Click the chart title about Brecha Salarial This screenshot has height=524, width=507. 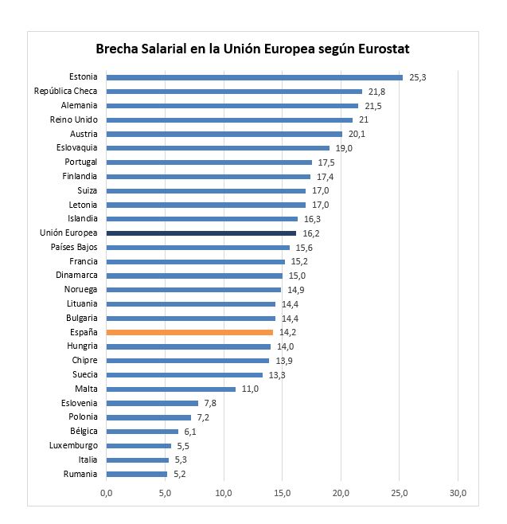[252, 49]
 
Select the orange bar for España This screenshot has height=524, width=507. [189, 332]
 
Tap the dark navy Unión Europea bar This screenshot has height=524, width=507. [201, 233]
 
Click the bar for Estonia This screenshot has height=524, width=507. [255, 77]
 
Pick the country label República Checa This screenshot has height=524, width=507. [65, 92]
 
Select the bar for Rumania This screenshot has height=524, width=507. [137, 474]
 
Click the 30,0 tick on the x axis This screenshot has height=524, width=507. [458, 494]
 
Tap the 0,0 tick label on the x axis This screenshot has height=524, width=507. [107, 494]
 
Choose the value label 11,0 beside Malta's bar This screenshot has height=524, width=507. [249, 389]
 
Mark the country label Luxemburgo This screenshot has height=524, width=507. [73, 445]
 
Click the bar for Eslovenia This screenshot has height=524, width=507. [152, 403]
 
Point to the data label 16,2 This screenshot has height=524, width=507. [310, 233]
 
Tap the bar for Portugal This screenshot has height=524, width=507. [209, 162]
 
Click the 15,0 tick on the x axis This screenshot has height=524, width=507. [283, 494]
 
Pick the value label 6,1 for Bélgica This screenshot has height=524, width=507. [189, 432]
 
